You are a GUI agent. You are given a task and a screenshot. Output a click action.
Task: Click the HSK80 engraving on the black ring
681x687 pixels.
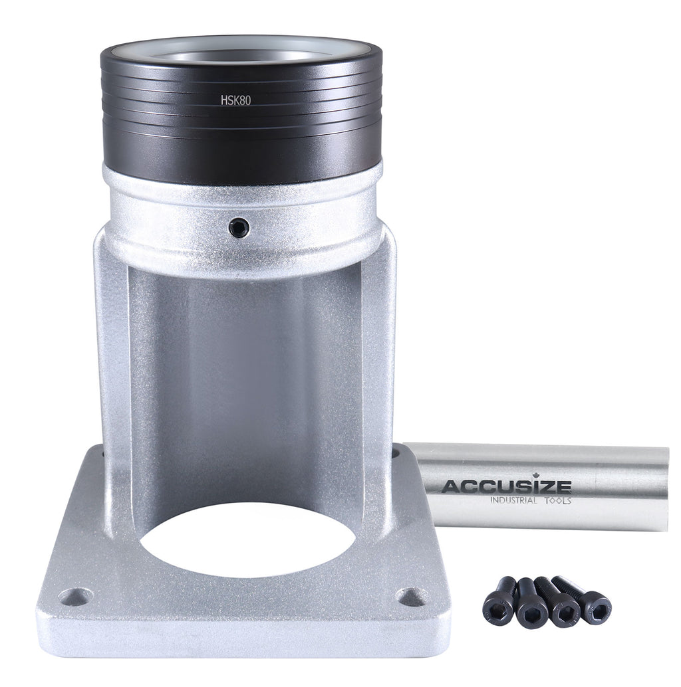tap(235, 100)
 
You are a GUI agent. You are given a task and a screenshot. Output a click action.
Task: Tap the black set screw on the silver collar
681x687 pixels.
tap(239, 228)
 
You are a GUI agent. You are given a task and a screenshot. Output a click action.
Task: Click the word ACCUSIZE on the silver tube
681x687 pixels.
tap(506, 486)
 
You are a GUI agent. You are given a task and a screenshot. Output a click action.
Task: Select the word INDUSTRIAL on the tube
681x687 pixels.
tap(513, 500)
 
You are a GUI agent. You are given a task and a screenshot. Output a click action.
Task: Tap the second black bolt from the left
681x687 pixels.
tap(529, 603)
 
